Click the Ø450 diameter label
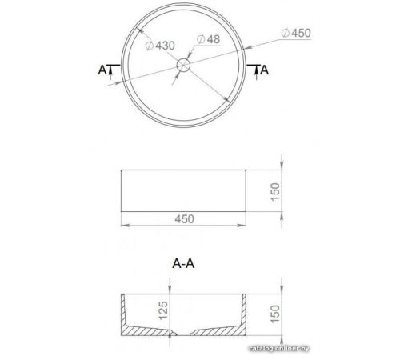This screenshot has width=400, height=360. pos(296,33)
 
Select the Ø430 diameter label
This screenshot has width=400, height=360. pos(160,46)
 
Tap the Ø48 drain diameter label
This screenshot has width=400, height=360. pos(208,39)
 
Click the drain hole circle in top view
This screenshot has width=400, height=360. pos(183,65)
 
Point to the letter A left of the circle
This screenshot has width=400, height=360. pos(102,70)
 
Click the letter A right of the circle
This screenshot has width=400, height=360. pos(264,70)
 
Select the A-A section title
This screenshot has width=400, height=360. pos(183,263)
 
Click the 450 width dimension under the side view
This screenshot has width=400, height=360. pos(184,219)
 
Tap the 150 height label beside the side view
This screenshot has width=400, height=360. pos(275,191)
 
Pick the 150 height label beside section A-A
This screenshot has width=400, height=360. pos(275,314)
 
